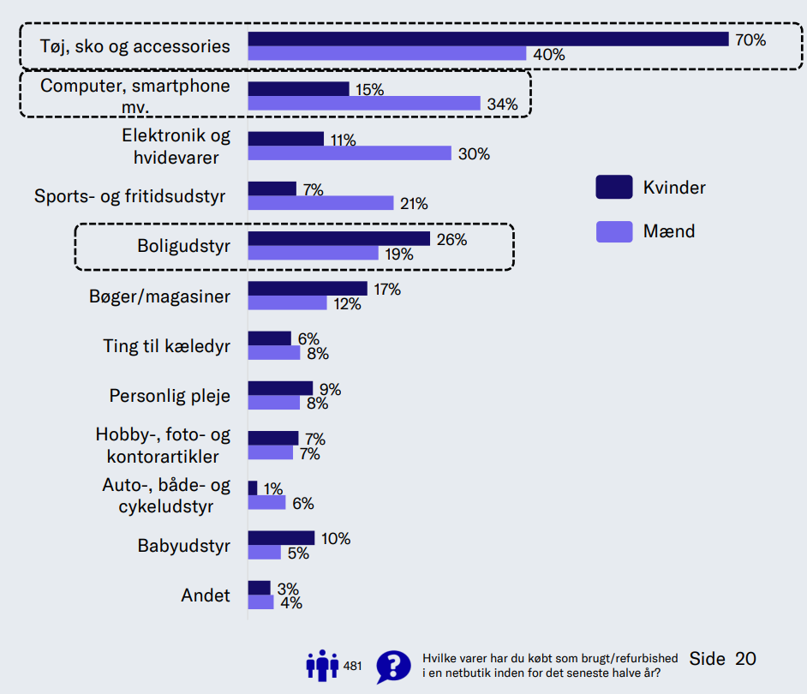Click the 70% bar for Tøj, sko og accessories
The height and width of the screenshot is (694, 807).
pos(488,39)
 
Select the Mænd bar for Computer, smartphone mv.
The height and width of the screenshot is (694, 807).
pos(364,104)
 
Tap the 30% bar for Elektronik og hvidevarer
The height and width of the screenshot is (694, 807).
pos(350,153)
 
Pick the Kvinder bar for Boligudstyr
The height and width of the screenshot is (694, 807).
pos(339,239)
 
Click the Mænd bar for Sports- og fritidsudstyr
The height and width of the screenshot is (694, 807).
pos(320,203)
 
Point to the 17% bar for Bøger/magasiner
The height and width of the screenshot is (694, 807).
pos(308,289)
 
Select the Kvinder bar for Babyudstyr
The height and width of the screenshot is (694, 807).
pos(281,538)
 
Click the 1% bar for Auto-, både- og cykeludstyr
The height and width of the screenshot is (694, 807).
pos(253,488)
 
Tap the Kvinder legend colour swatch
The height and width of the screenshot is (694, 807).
pos(613,187)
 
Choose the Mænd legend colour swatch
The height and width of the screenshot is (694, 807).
pos(613,231)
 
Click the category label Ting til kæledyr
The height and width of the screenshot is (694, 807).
pos(166,346)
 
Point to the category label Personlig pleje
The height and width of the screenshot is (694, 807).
pos(170,396)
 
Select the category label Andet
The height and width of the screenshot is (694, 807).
pos(206,595)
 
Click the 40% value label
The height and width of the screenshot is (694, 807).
pos(549,54)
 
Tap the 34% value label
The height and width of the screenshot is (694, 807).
pos(503,105)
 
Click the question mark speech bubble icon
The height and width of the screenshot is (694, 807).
pos(393,666)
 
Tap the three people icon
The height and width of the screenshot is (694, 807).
pos(322,665)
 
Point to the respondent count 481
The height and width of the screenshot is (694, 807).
pos(353,666)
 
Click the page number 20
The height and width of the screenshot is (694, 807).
pos(745,659)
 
